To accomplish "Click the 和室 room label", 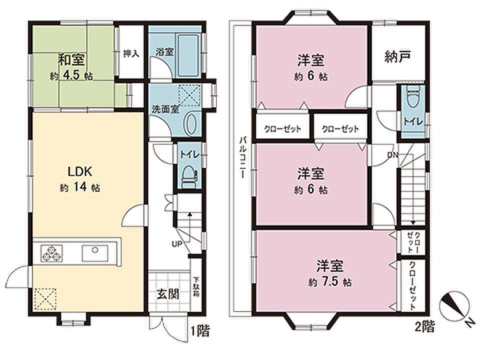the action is coord(71,59).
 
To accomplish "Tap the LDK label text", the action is coord(79,171).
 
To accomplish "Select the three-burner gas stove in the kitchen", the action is coord(51,253).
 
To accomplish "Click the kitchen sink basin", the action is coord(95,253).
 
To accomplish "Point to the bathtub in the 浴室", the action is coord(188,55).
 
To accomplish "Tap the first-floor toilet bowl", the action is coord(189,177).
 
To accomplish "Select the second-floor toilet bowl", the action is coord(412,96).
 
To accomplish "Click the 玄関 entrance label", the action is coord(168,294).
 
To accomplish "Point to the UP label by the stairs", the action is coord(177,244).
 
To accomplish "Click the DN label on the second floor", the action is coord(393,155).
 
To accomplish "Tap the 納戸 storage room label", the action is coord(397,56).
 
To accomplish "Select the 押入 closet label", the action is coord(131,53).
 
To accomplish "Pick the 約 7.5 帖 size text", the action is coord(329,281).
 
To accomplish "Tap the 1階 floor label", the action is coord(200,331).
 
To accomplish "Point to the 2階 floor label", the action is coord(425,326).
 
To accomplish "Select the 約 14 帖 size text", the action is coord(80,187).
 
